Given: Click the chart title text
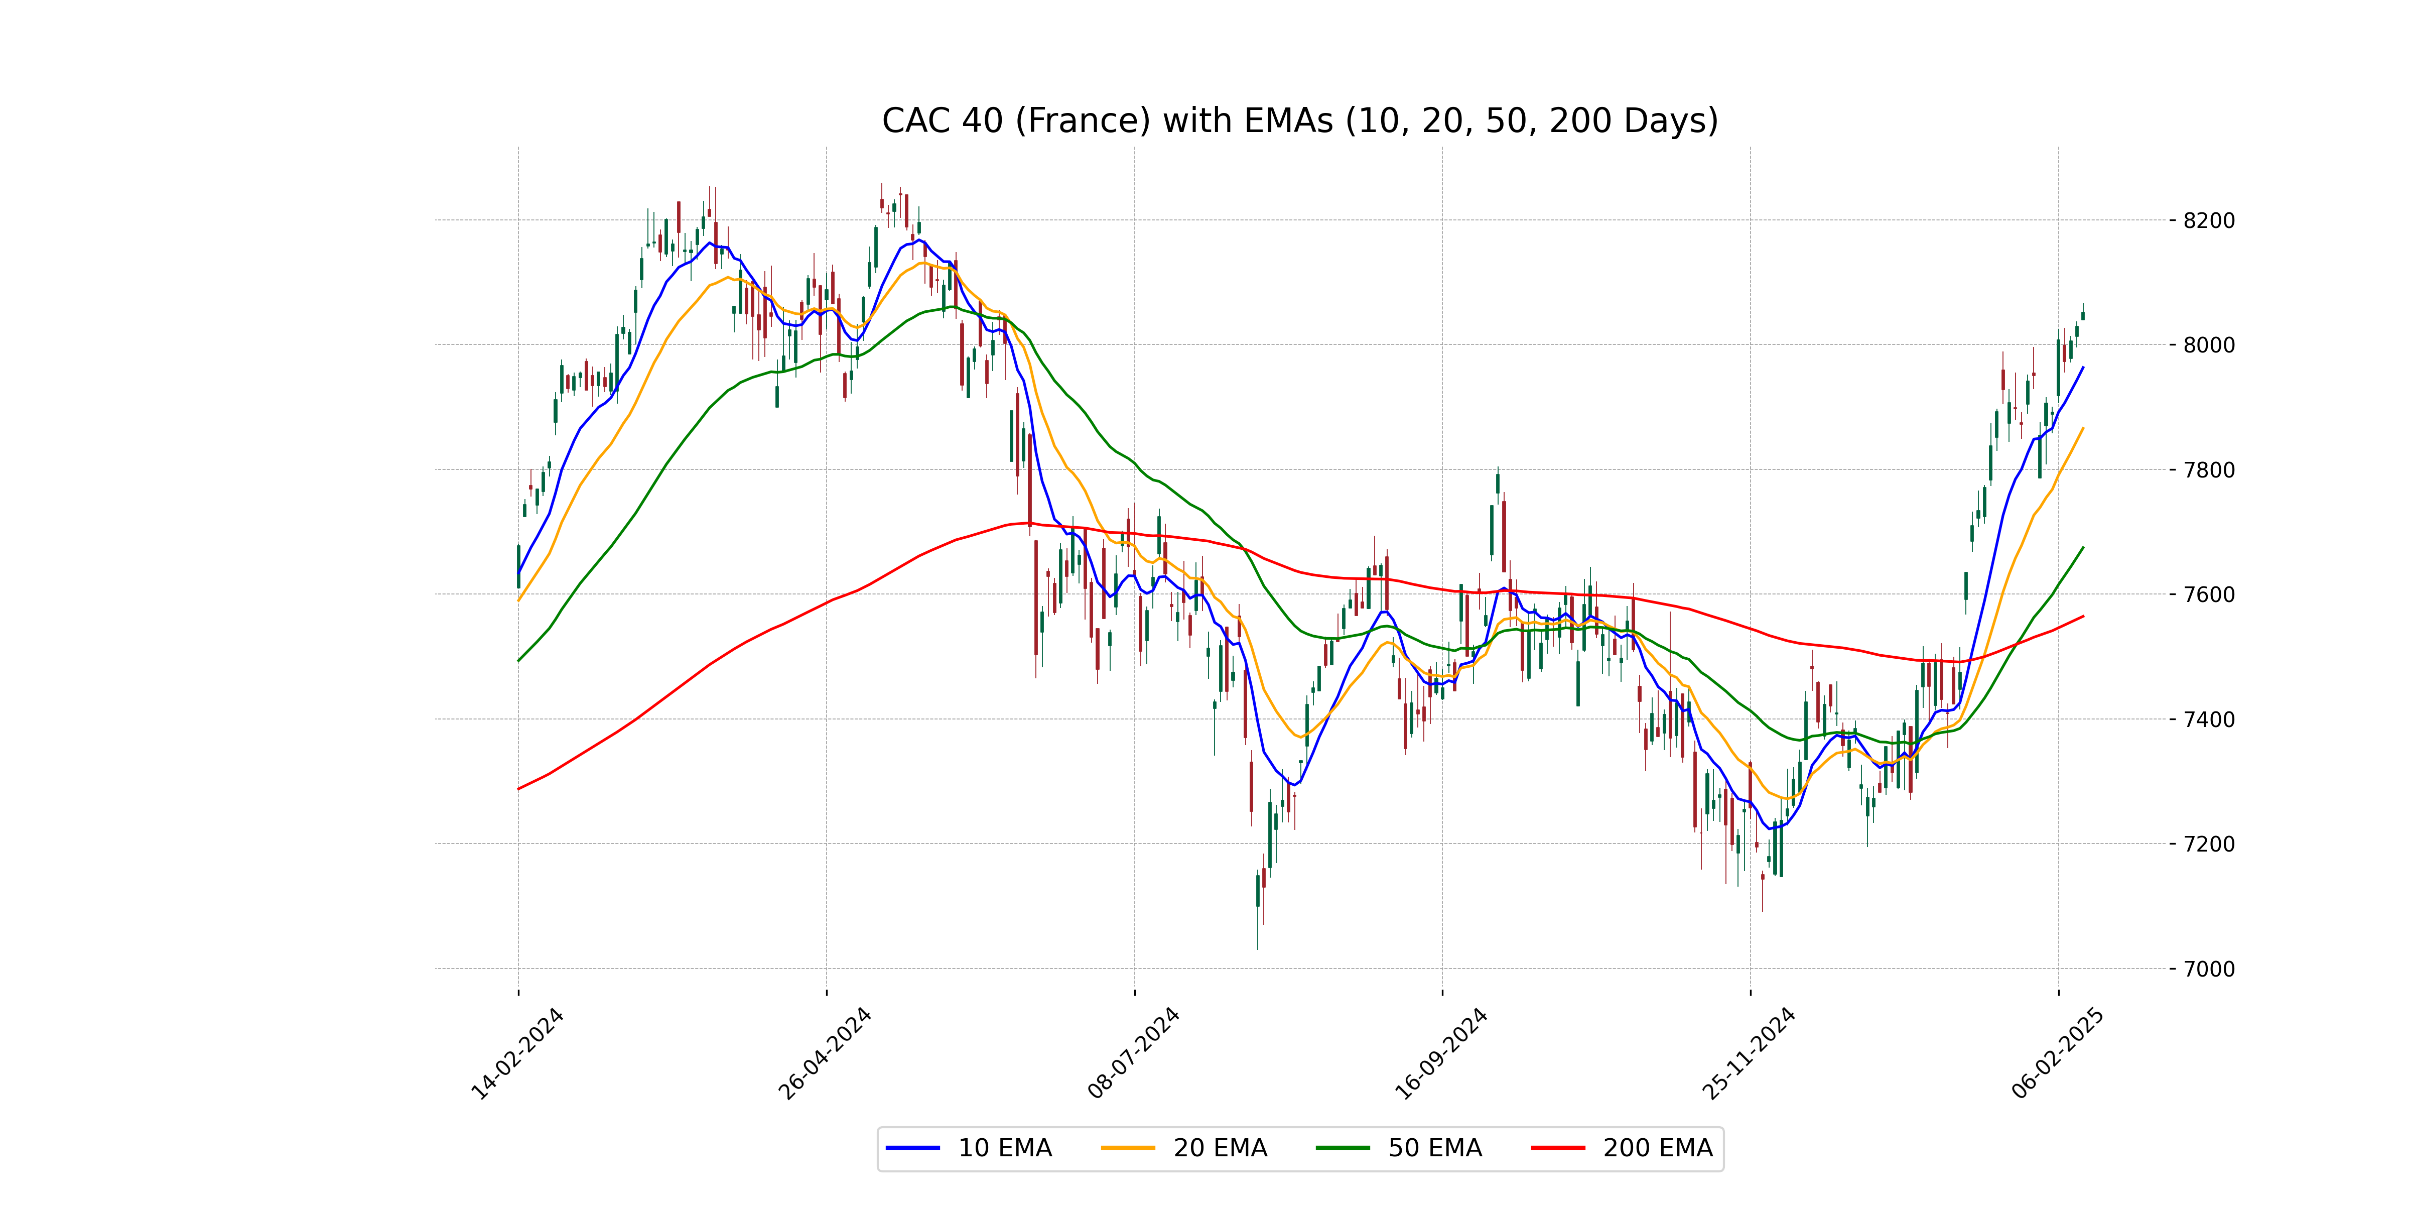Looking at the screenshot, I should tap(1300, 120).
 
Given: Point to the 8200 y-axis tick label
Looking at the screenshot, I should tap(2209, 221).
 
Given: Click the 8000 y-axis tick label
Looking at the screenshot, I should tap(2209, 345).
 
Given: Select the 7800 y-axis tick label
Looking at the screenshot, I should tap(2209, 469).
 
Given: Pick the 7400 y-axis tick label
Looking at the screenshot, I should tap(2209, 719).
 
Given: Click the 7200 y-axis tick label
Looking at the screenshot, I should tap(2209, 844).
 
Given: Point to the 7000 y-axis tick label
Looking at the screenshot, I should tap(2209, 969).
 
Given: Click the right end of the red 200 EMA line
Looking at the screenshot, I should tap(2083, 617).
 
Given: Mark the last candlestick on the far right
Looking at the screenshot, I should tap(2083, 315).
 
